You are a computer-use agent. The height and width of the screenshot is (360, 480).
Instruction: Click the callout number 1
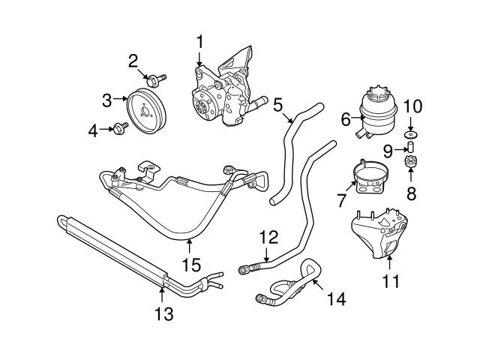(x=200, y=41)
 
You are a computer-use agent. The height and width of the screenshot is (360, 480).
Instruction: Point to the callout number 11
(x=391, y=282)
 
